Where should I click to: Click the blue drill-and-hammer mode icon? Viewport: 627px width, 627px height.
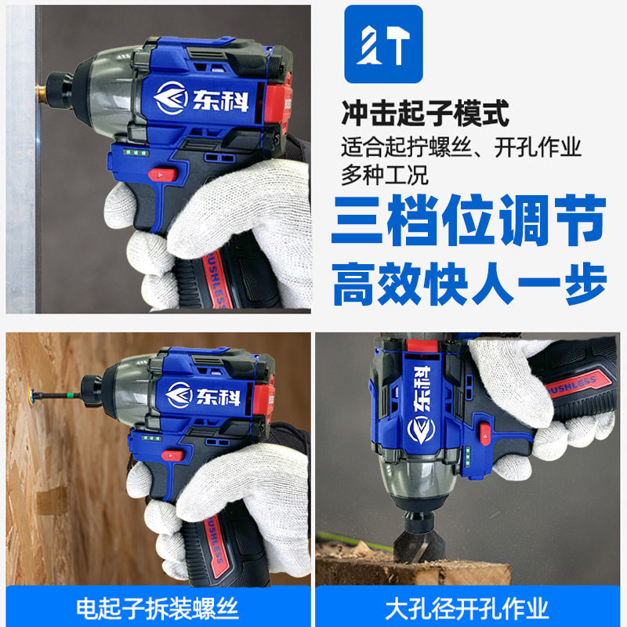383,44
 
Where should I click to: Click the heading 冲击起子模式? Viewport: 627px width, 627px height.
425,113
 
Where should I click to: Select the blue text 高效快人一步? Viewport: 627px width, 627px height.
469,284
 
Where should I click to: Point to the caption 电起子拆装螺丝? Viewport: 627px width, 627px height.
158,609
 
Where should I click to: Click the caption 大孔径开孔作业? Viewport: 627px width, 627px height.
467,609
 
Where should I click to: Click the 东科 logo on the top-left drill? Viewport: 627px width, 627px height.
201,99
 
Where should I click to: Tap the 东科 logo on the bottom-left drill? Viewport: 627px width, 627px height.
204,395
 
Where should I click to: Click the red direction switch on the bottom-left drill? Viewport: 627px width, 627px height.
172,455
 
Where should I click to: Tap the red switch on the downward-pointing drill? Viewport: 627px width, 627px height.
485,434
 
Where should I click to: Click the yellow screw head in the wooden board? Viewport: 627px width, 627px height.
30,393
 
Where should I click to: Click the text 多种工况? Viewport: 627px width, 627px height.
384,175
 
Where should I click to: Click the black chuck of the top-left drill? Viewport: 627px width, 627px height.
60,91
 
